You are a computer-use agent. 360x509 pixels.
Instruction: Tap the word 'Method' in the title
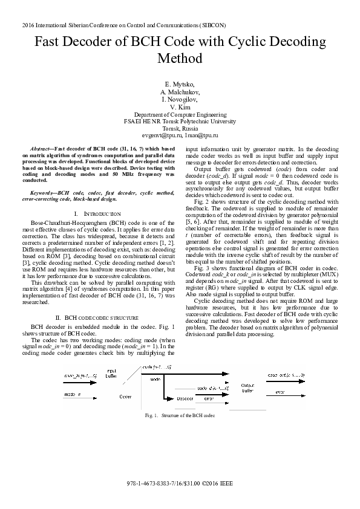[x=180, y=59]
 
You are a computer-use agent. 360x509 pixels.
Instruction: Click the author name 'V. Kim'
[x=180, y=106]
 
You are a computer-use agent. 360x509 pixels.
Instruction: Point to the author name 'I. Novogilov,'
[x=180, y=99]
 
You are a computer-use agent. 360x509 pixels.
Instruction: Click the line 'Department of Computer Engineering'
[x=180, y=114]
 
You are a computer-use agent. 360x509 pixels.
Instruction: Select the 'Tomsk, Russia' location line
[x=180, y=129]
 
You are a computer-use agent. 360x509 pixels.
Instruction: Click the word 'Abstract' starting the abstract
[x=41, y=148]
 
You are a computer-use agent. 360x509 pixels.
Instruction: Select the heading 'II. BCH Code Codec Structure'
[x=97, y=317]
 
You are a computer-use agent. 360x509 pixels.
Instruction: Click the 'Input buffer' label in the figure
[x=111, y=372]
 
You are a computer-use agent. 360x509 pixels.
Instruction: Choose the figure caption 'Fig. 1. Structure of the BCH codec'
[x=180, y=416]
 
